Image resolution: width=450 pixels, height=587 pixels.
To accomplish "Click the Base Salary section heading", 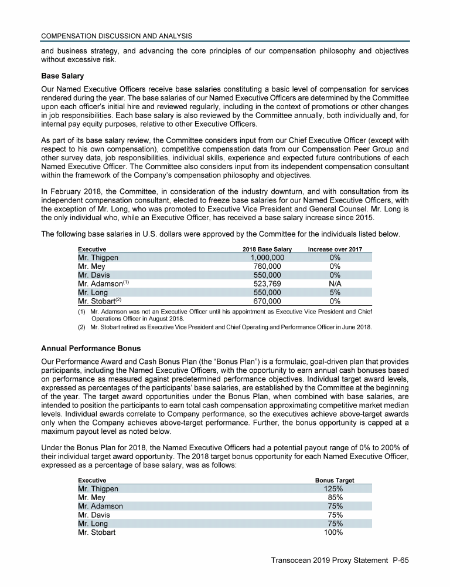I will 63,76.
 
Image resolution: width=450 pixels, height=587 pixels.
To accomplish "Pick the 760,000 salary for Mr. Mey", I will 268,266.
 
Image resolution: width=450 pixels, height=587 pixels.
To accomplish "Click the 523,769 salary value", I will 268,284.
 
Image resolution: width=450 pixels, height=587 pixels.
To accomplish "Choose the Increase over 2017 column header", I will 335,249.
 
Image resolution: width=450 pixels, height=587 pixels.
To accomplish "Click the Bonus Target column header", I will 335,480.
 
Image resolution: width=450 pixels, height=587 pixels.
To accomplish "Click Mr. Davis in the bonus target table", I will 93,515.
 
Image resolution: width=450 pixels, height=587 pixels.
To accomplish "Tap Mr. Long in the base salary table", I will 93,292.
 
